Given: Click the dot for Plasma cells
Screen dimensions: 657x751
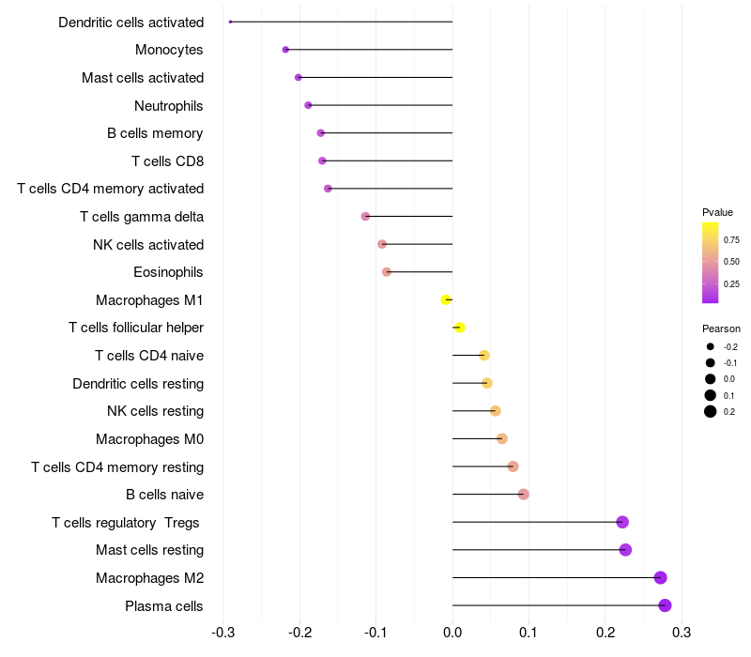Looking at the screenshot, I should (665, 605).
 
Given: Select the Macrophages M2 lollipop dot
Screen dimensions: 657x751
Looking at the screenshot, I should (660, 578).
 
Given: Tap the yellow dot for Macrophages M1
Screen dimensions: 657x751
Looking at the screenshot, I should (446, 300).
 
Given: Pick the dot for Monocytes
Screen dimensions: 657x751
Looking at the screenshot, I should (285, 50).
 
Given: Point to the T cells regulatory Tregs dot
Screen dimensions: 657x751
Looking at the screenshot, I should (622, 522).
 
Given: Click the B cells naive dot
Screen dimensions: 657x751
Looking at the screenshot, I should (523, 495).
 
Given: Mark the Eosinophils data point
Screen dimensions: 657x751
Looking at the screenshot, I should (387, 272).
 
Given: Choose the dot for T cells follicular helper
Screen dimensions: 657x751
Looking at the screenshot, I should (460, 328).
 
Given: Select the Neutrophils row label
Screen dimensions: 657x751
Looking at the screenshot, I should (169, 105).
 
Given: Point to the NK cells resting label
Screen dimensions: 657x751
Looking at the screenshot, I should (155, 411).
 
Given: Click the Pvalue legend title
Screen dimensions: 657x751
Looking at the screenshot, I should (717, 212).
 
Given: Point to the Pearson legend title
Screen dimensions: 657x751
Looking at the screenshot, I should (721, 328).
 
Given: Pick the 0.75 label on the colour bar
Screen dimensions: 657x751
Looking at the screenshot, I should (731, 240).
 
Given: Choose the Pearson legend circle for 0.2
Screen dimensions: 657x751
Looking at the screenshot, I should (711, 411).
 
